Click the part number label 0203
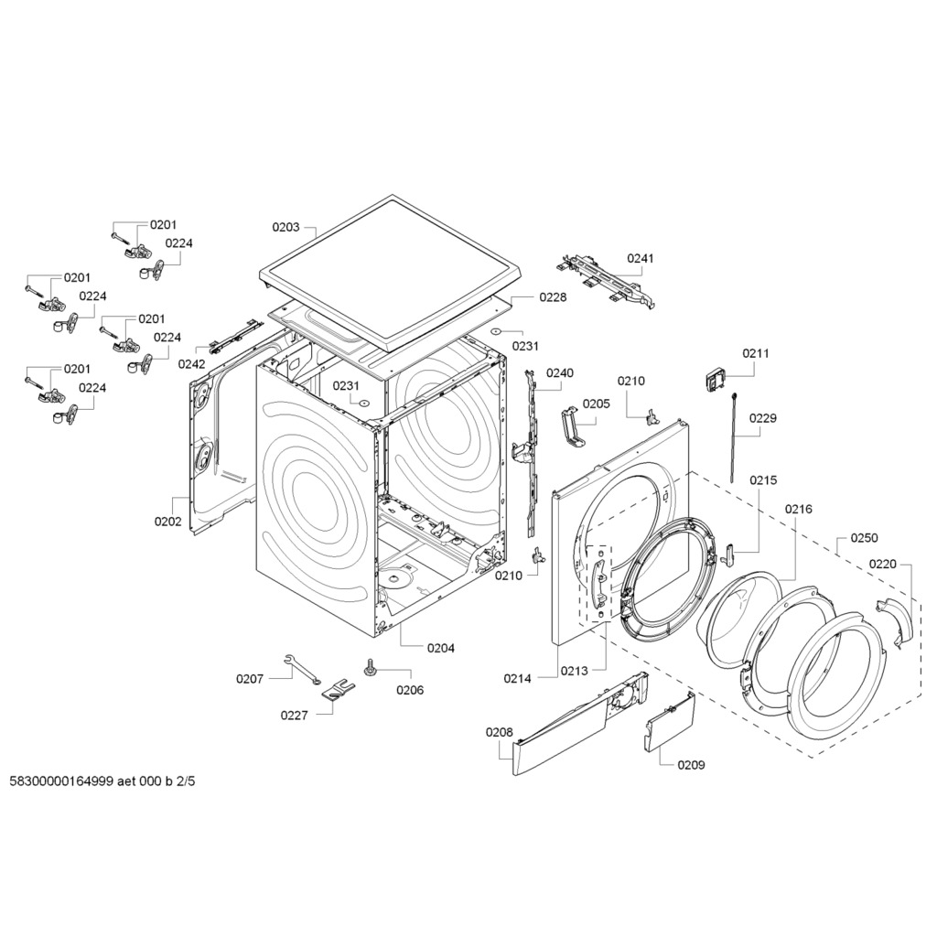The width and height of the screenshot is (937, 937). point(285,227)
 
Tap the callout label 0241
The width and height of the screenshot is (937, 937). point(640,258)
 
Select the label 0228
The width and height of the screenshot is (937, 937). point(553,297)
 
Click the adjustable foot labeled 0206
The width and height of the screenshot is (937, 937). point(371,667)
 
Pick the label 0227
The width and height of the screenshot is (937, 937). point(294,716)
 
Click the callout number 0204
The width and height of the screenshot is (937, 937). point(440,648)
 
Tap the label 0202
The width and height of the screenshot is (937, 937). point(168,521)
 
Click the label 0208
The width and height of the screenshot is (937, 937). point(500,733)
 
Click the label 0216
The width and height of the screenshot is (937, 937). point(798,509)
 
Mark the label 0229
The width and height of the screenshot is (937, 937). point(763,418)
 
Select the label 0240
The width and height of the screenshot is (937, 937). point(560,373)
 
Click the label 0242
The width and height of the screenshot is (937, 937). point(192,364)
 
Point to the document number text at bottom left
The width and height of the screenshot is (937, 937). point(102,781)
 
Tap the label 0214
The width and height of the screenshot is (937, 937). point(518,678)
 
